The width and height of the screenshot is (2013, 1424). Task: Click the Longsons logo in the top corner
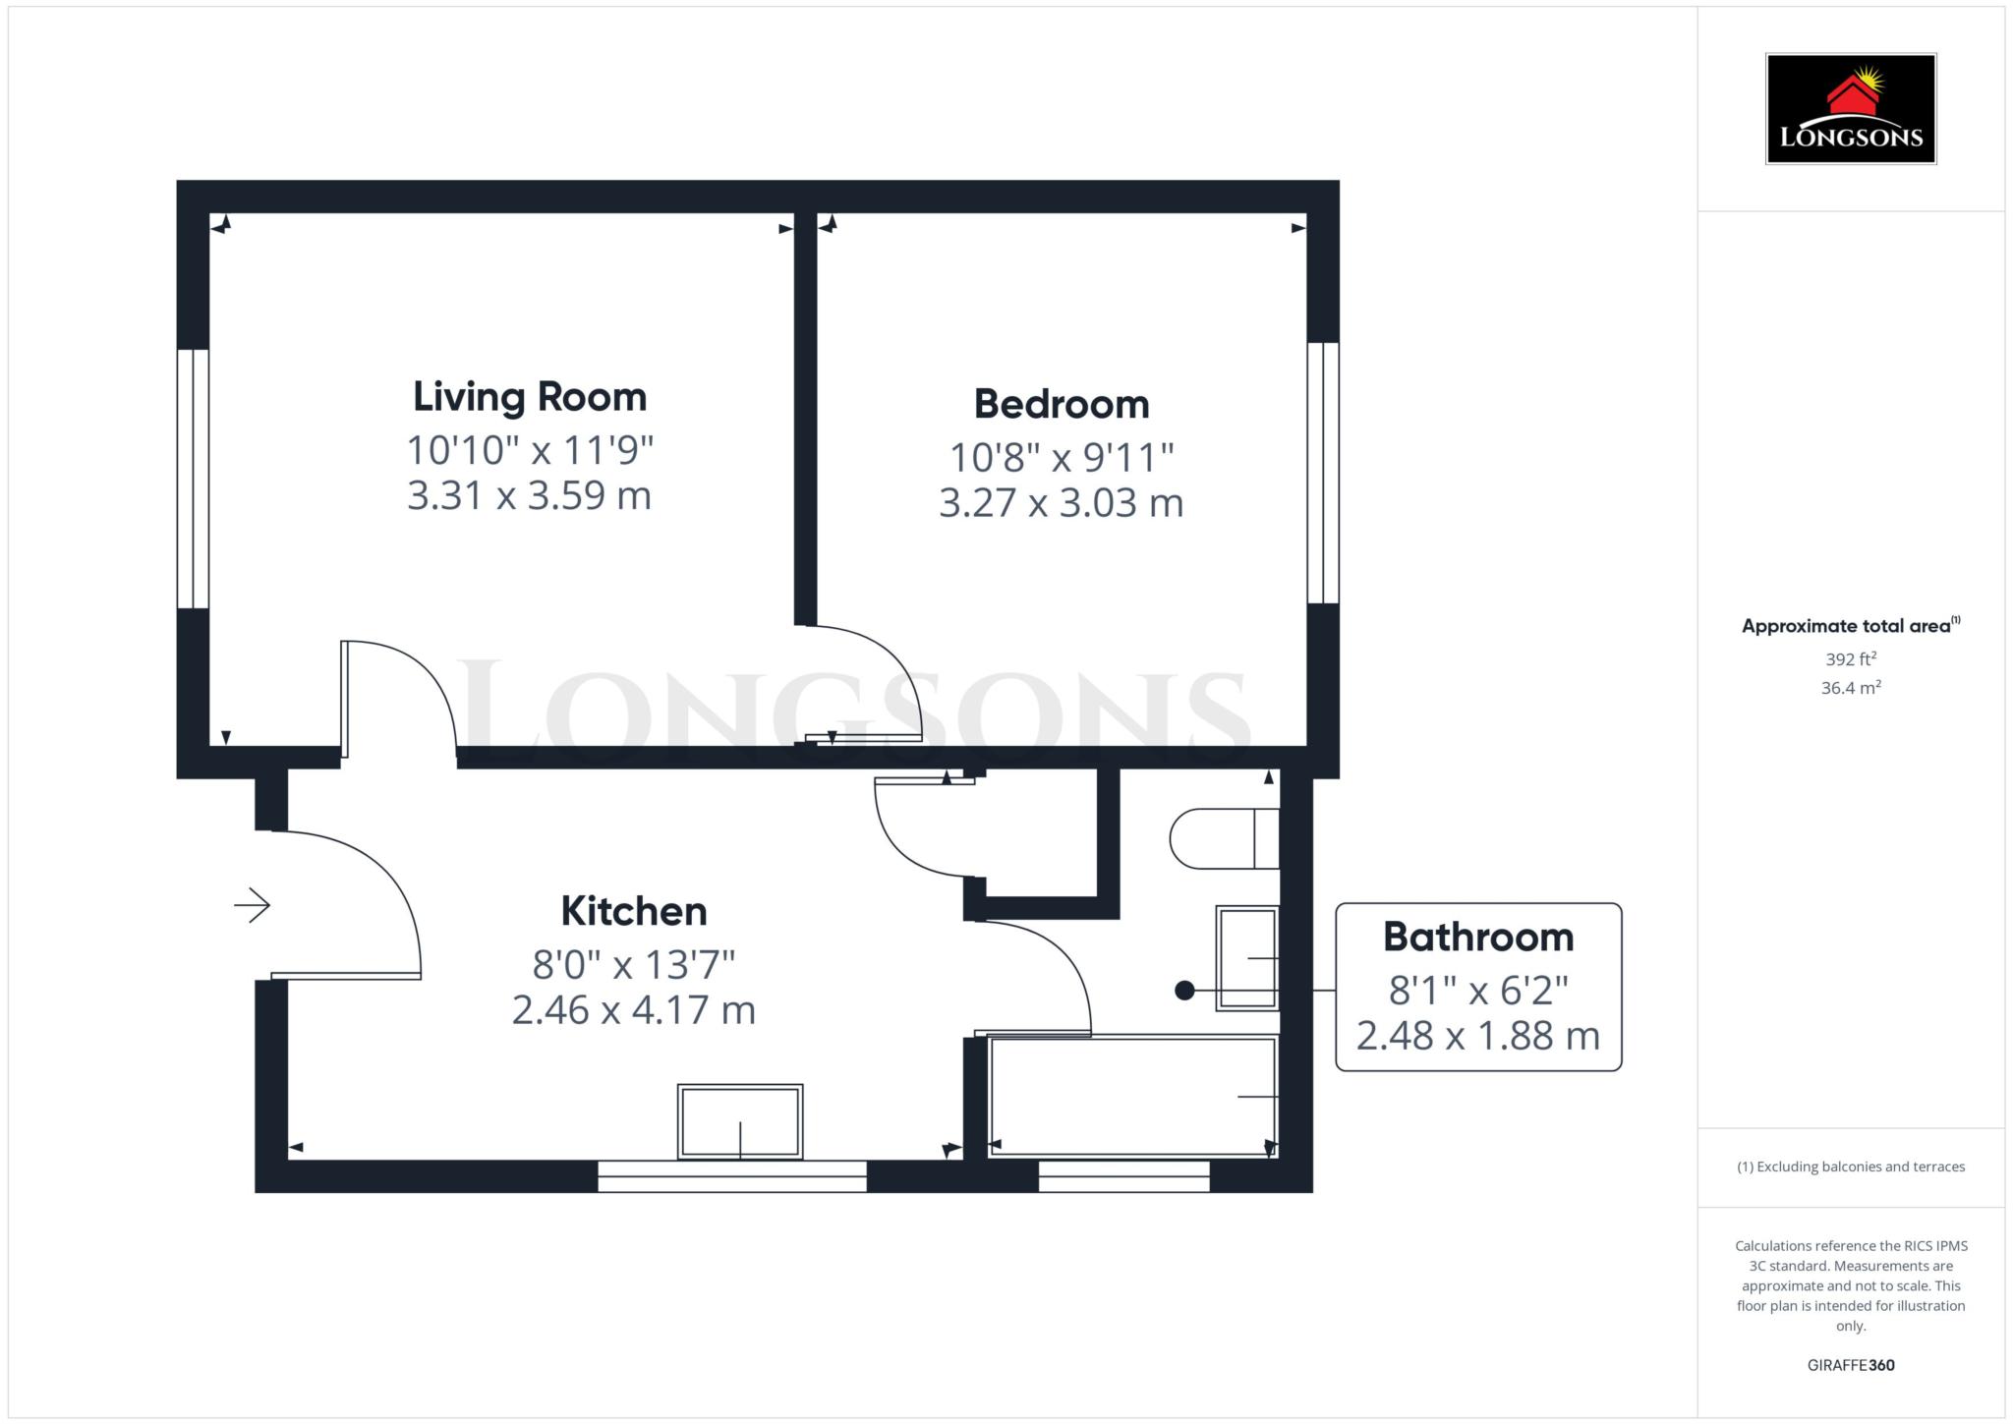(1851, 108)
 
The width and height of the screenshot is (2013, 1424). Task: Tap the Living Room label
(530, 397)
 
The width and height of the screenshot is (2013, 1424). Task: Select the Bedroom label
(1062, 404)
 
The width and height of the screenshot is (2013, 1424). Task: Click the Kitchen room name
(634, 911)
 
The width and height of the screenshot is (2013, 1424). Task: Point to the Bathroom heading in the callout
(1478, 937)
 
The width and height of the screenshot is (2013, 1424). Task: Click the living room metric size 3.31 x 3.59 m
(530, 495)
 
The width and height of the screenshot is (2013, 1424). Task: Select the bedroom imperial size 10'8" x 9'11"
(1062, 457)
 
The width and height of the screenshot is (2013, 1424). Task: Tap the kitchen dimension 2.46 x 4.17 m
(634, 1010)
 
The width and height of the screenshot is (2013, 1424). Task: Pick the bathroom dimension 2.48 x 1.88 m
(1478, 1036)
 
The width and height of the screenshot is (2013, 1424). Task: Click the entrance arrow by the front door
(253, 905)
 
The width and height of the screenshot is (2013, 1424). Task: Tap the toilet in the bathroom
(1225, 838)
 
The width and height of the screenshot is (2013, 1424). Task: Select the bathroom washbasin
(1248, 958)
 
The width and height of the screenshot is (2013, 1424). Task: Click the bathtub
(1133, 1096)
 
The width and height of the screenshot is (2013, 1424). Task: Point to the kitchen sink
(740, 1121)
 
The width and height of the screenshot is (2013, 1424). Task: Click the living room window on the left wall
(193, 479)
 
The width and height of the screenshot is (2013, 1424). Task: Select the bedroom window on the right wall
(1323, 473)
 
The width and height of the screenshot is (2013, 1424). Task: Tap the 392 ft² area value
(1851, 658)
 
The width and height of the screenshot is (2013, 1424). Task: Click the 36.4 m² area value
(1851, 687)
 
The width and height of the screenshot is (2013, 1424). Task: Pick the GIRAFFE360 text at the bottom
(1851, 1365)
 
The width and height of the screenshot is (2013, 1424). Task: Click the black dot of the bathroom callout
(1184, 991)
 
